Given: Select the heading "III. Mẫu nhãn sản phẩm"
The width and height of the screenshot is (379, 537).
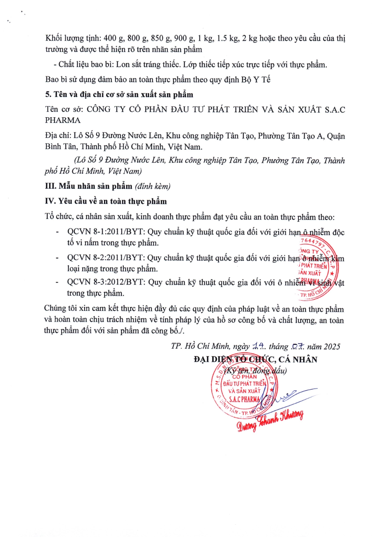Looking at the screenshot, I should (89, 186).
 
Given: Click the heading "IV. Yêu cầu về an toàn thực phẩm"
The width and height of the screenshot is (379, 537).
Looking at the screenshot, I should (106, 202).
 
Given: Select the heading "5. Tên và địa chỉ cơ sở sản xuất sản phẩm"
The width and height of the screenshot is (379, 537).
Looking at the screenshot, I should (119, 94).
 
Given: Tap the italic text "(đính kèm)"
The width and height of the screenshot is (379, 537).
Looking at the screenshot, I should (153, 186).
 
